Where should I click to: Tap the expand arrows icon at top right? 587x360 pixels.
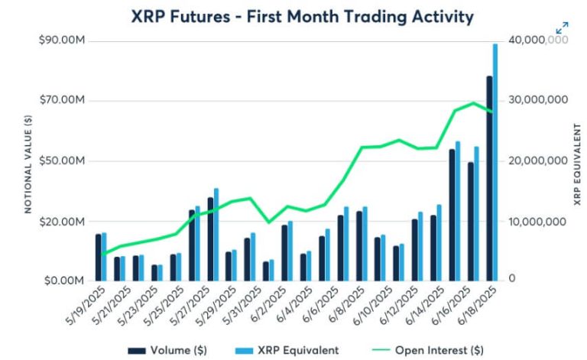tap(562, 28)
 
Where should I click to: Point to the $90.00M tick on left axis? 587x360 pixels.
tap(62, 40)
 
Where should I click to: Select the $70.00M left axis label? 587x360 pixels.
tap(62, 100)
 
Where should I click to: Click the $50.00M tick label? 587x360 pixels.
tap(62, 161)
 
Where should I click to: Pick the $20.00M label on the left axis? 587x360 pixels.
tap(62, 221)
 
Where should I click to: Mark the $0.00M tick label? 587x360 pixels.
tap(64, 281)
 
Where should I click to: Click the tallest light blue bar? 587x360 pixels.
tap(495, 161)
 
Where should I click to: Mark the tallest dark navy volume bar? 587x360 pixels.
tap(489, 177)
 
